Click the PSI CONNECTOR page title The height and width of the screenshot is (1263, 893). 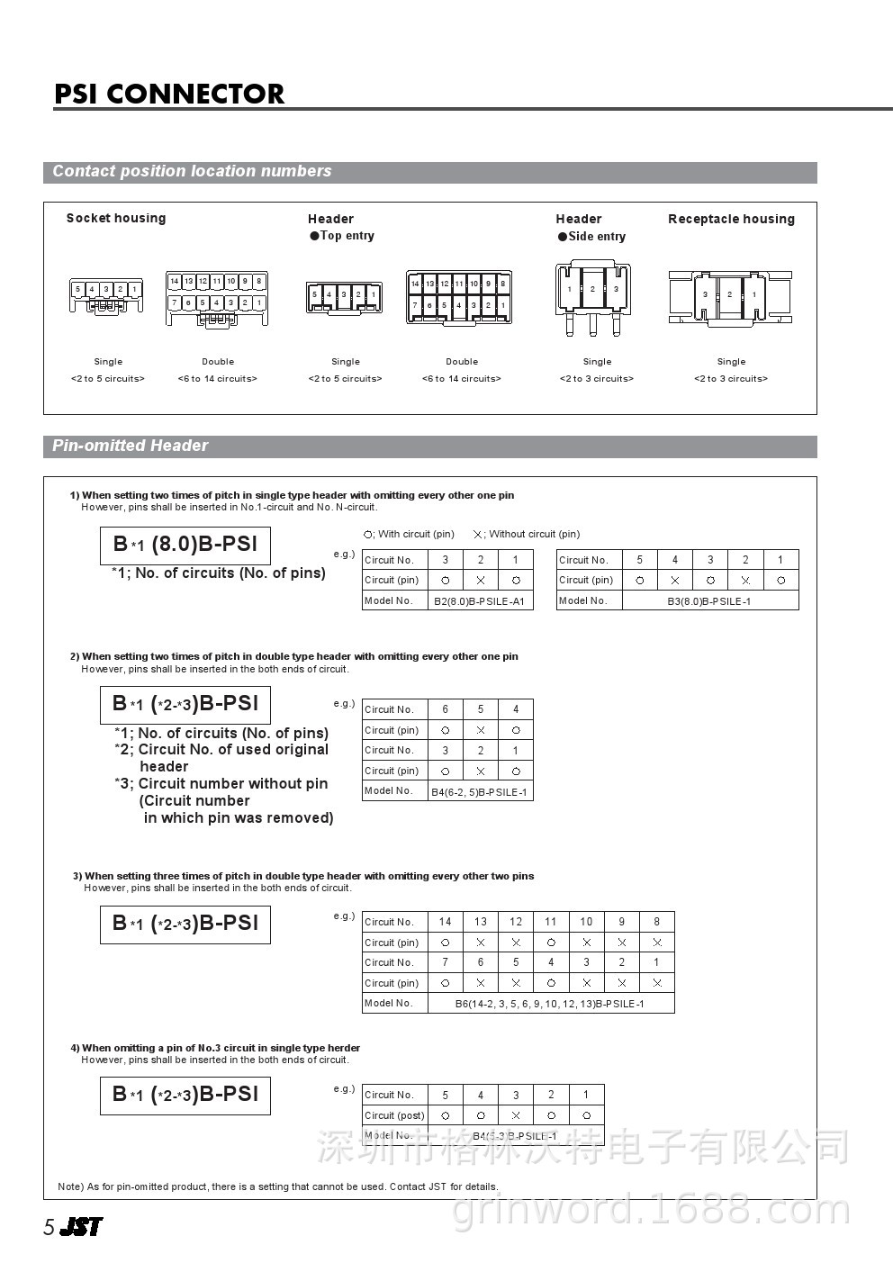point(169,94)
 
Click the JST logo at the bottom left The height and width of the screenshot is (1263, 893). point(81,1226)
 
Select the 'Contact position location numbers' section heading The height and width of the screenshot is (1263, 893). point(192,171)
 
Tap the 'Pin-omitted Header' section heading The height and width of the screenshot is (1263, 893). point(130,446)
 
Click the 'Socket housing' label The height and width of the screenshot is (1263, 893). point(116,218)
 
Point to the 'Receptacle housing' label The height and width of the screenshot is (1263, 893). point(731,219)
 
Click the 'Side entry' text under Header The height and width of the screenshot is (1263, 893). point(596,236)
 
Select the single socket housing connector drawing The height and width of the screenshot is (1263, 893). point(106,296)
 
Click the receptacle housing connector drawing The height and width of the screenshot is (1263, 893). point(730,296)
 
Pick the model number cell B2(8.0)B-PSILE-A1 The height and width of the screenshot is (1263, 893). point(480,601)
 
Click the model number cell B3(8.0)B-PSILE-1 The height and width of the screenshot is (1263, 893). point(709,600)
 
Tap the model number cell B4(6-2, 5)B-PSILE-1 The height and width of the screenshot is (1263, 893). point(480,792)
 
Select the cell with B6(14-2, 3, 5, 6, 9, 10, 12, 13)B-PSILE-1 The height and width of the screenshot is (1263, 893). point(550,1004)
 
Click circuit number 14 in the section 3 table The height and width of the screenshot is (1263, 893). point(445,921)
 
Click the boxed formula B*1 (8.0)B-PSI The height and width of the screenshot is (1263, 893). point(185,545)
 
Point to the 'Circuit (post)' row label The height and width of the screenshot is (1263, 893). point(394,1115)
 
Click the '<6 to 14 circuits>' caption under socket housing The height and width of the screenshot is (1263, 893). point(217,379)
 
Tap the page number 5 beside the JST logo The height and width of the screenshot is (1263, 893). point(50,1228)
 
